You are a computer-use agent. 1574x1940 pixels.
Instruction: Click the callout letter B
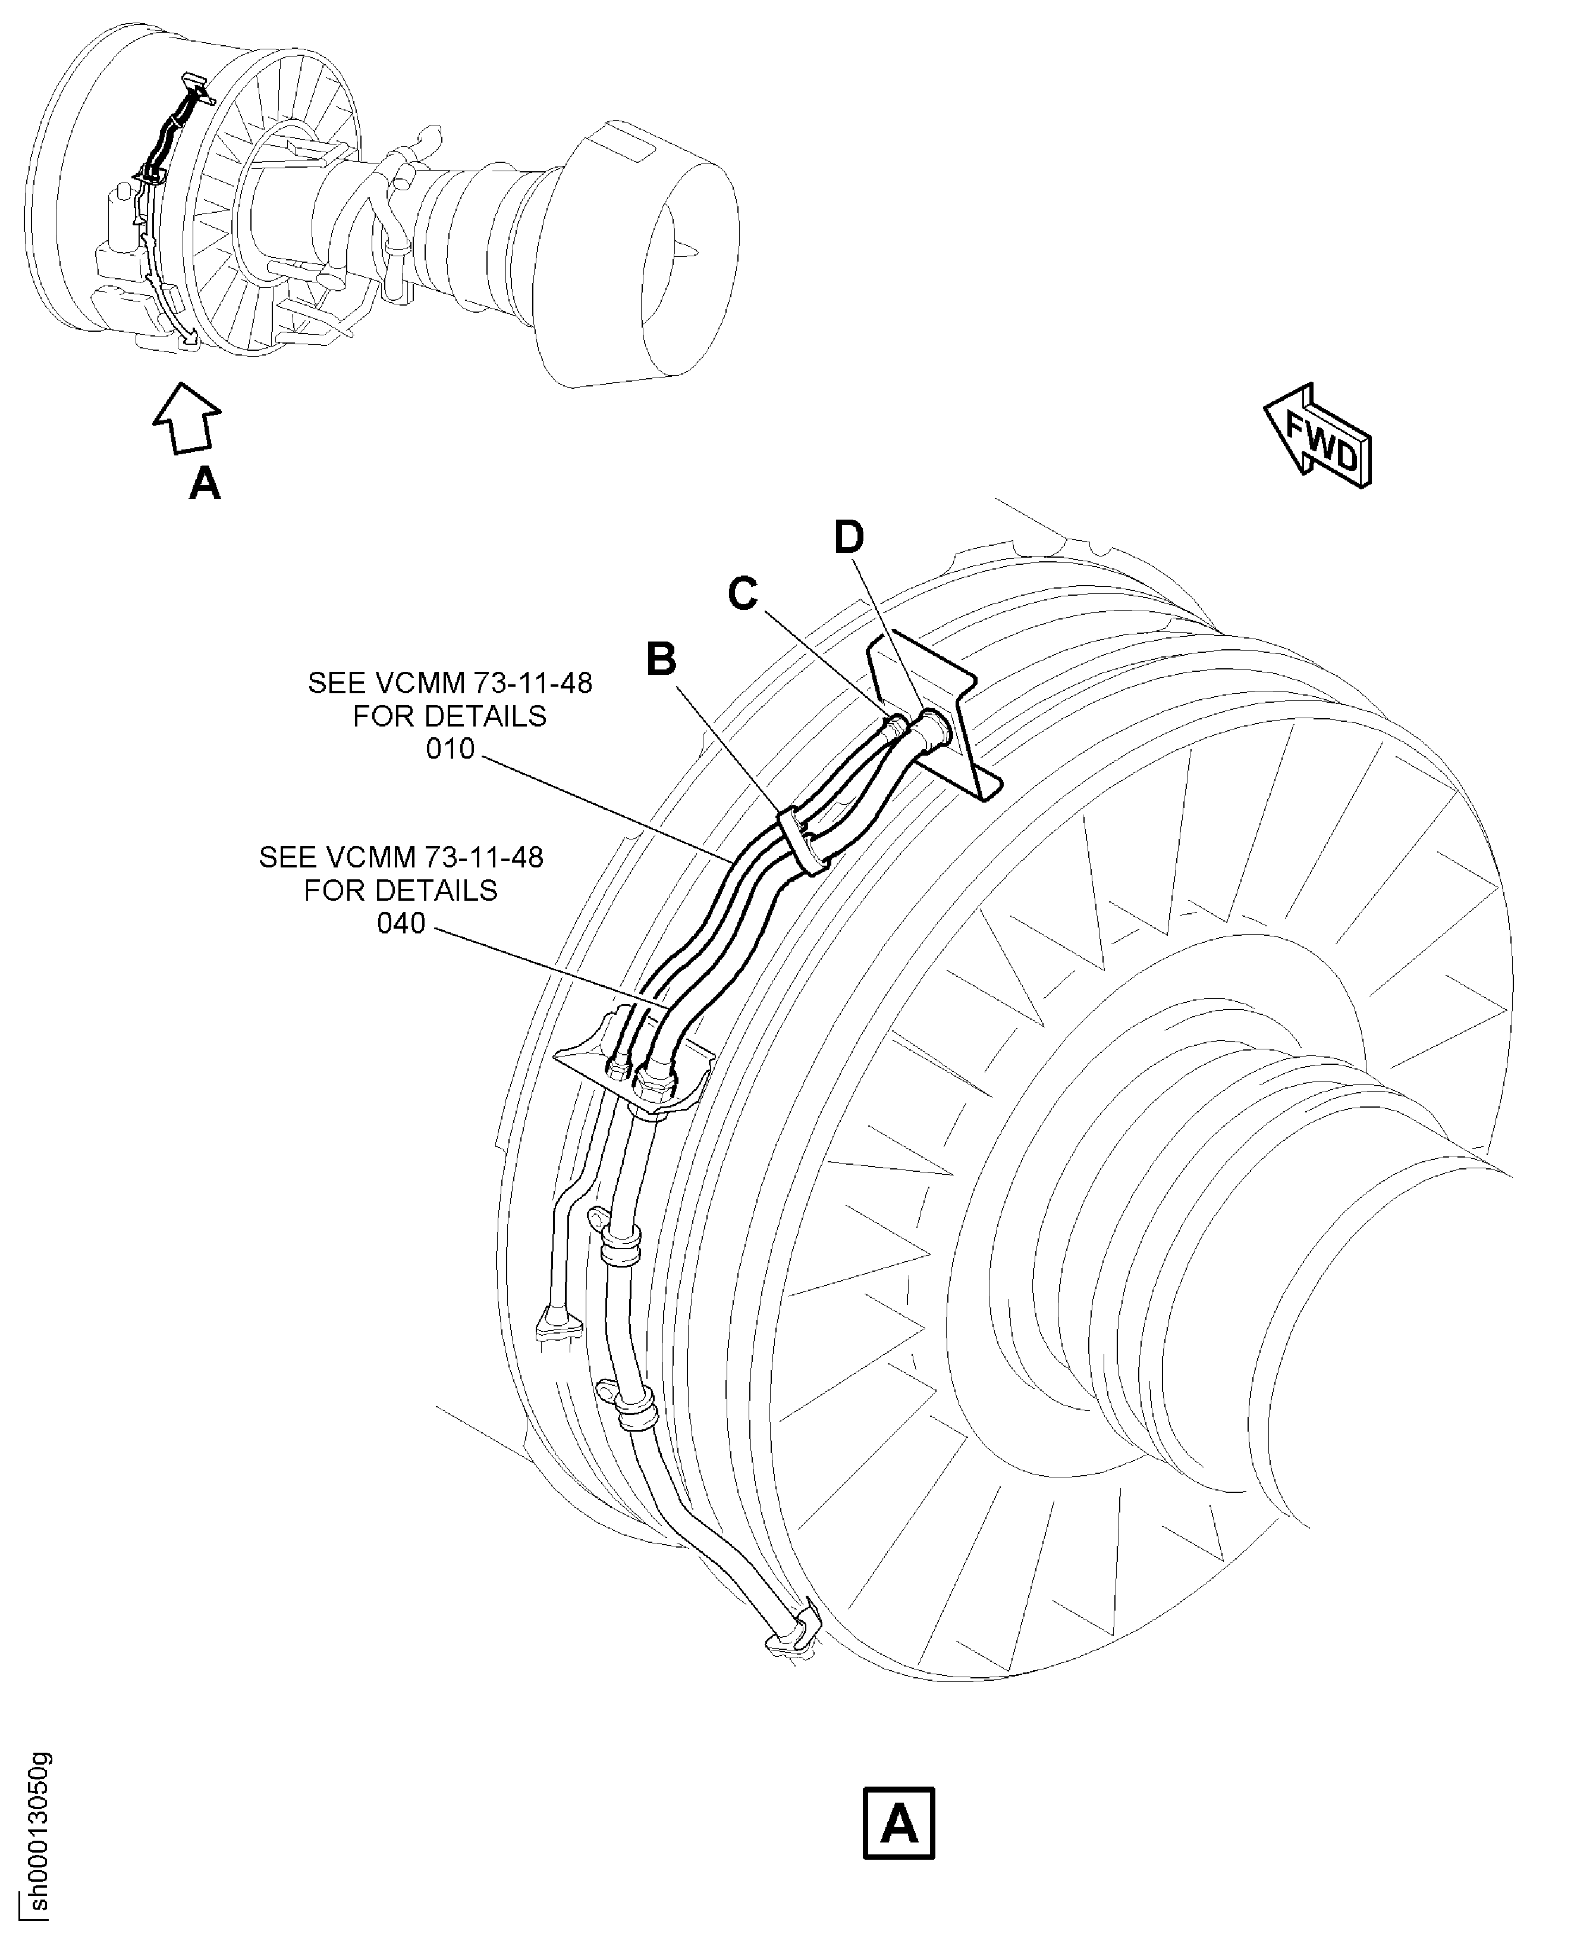coord(662,659)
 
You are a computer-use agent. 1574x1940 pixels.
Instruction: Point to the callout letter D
coord(849,537)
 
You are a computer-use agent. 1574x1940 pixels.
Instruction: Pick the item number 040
coord(401,924)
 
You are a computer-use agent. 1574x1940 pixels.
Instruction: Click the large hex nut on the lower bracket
coord(655,1081)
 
